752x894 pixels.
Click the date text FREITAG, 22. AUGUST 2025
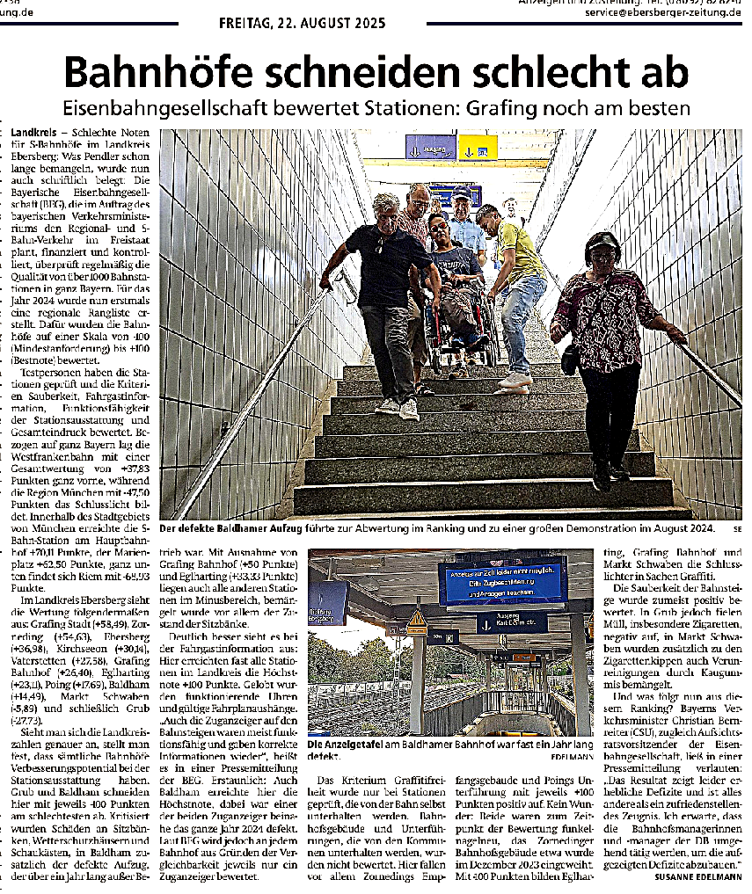(302, 24)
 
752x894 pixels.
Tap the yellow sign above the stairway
(478, 148)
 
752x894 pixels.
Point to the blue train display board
(502, 580)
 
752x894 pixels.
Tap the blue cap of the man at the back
(461, 192)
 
